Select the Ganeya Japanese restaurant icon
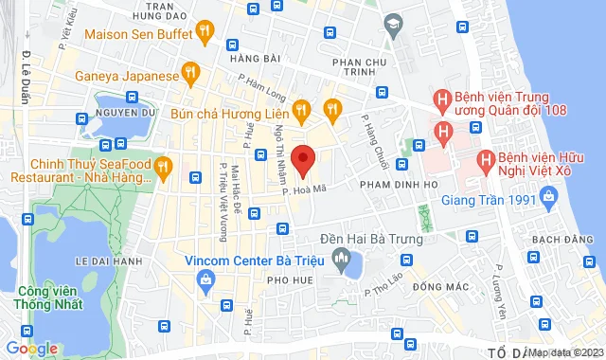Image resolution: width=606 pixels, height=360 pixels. (x=190, y=74)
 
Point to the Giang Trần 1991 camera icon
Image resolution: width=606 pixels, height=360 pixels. (x=546, y=199)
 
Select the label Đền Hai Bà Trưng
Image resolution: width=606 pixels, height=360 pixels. (x=370, y=239)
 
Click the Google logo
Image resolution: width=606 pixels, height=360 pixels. (x=31, y=349)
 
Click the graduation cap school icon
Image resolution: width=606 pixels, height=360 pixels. (x=391, y=23)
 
